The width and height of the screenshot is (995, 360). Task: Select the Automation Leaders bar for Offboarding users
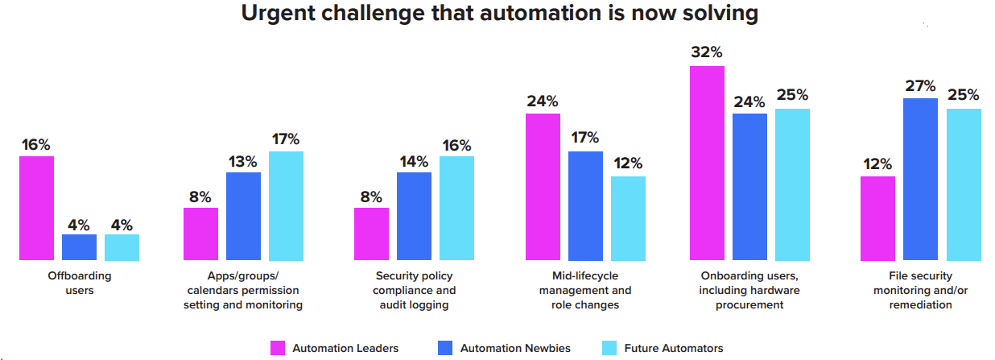click(37, 208)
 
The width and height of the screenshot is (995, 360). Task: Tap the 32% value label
click(707, 52)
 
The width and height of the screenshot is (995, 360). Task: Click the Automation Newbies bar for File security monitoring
click(921, 179)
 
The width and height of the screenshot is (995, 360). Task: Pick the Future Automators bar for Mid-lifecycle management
click(628, 217)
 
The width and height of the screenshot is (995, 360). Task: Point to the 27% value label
click(921, 85)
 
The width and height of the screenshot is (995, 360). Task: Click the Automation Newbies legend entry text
click(515, 348)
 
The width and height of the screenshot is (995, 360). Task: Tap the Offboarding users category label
click(79, 283)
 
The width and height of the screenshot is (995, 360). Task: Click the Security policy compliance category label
click(415, 290)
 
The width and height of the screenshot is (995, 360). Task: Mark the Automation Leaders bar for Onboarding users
click(707, 163)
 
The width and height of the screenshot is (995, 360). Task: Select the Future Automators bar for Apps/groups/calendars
click(286, 205)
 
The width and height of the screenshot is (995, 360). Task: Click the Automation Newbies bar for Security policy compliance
click(414, 216)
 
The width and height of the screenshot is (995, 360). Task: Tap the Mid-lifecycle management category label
click(585, 290)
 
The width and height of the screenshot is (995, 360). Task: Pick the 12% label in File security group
click(877, 163)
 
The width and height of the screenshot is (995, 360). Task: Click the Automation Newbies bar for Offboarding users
click(80, 247)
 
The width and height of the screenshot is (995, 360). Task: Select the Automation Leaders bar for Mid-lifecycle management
click(543, 187)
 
